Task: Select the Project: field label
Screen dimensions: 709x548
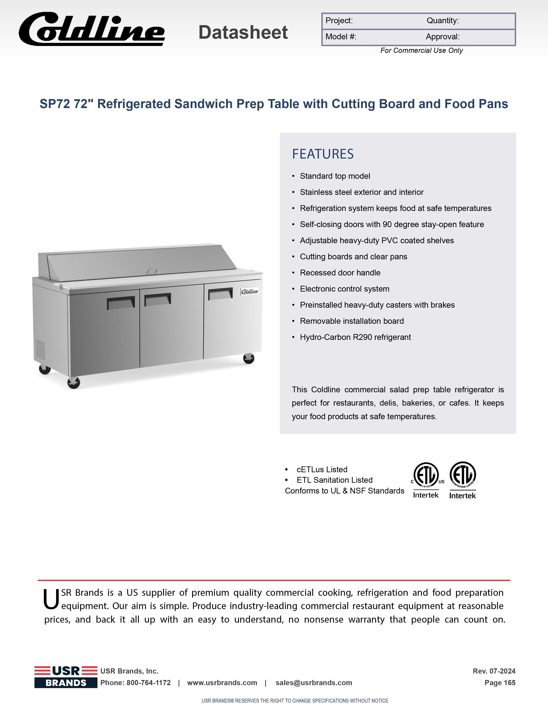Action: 339,21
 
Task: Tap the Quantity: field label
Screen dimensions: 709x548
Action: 442,21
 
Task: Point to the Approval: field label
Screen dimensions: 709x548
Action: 442,37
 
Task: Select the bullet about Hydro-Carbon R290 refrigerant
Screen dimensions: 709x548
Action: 355,337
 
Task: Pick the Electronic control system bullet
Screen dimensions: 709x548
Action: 344,289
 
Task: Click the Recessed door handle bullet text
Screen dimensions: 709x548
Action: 340,273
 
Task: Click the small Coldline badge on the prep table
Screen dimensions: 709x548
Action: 250,291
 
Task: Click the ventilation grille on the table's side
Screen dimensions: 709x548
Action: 40,350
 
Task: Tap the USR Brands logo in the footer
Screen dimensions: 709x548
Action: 66,677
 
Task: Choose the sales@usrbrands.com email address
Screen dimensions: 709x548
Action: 314,683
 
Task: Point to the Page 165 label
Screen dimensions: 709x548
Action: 500,683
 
